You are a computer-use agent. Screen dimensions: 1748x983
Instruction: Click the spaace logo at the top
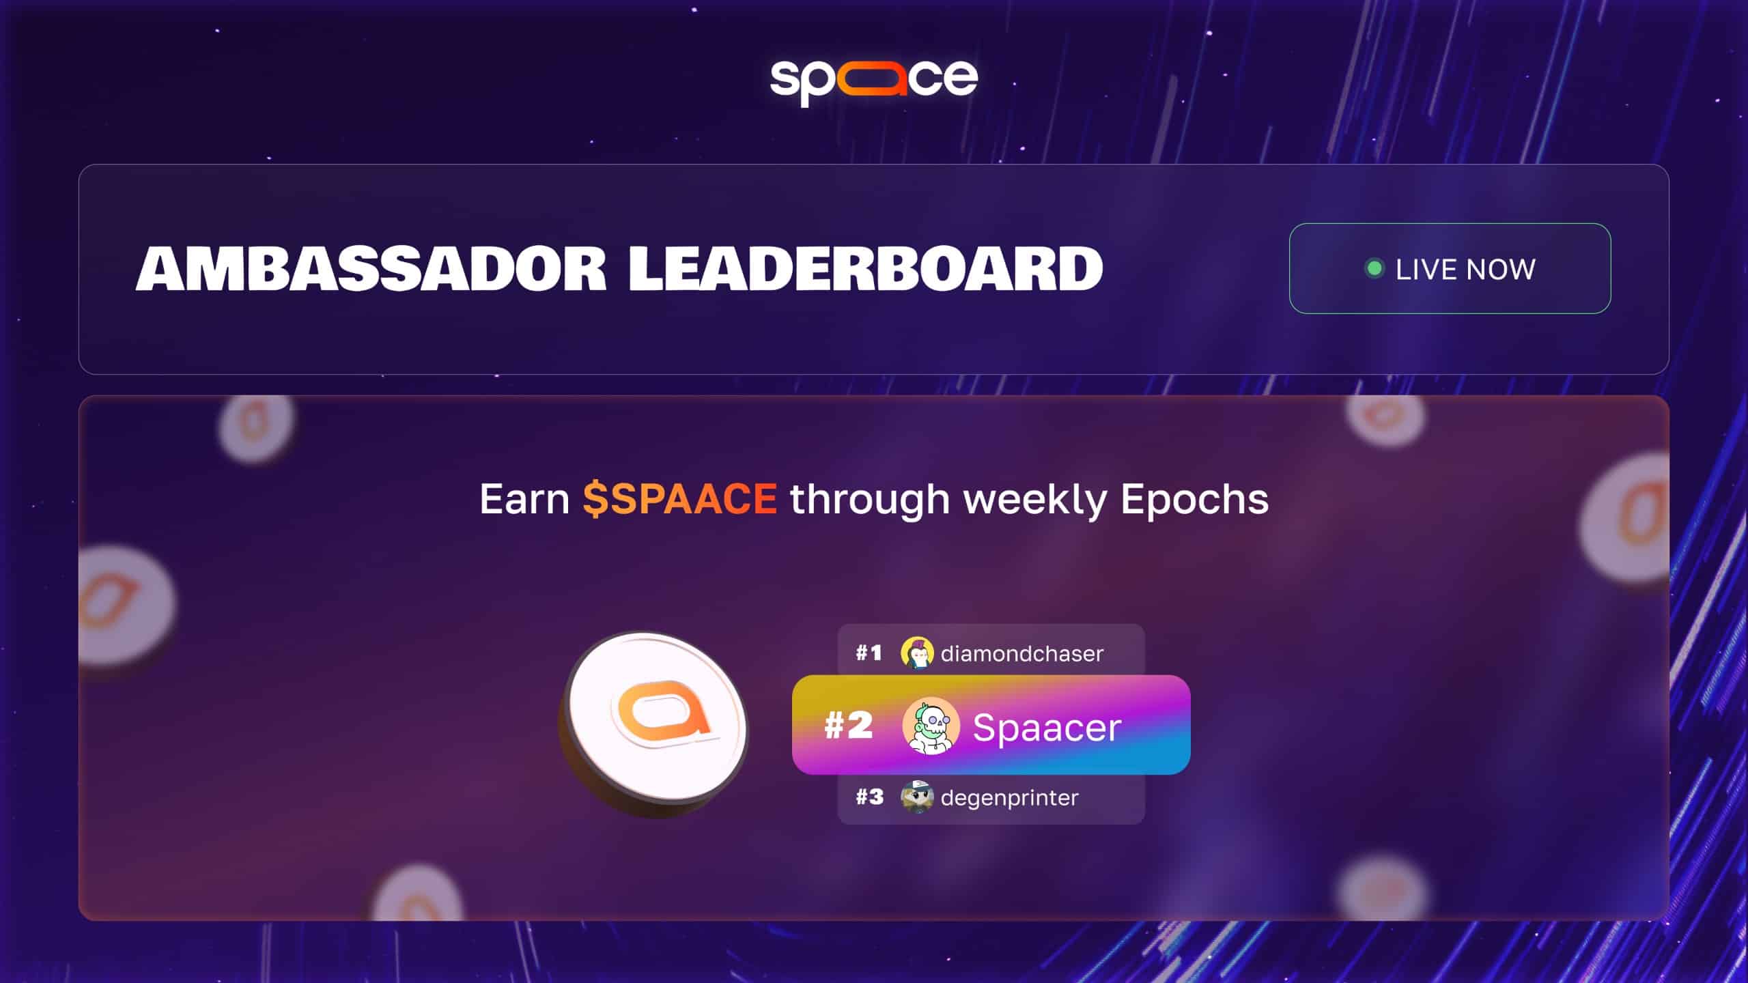[x=874, y=81]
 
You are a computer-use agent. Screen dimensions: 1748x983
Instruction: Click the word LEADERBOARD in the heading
[x=865, y=268]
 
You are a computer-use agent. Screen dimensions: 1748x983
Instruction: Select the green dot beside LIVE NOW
[x=1375, y=268]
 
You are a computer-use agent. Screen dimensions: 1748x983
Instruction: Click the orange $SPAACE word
[x=679, y=498]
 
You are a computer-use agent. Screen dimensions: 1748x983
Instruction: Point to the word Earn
[x=524, y=499]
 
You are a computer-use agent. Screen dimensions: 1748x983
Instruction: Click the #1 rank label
[x=869, y=653]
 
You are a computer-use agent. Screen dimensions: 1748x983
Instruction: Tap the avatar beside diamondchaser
[x=917, y=653]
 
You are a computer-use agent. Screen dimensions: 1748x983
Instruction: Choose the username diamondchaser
[x=1021, y=654]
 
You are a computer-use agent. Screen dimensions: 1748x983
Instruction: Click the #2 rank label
[x=848, y=725]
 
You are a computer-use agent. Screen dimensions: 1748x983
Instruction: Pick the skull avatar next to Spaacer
[x=931, y=726]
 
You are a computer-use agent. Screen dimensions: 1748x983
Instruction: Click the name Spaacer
[x=1047, y=728]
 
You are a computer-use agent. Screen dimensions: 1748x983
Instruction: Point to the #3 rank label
[x=869, y=797]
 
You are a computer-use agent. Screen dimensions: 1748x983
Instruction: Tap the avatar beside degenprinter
[x=917, y=797]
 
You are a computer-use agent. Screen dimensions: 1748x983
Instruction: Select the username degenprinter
[x=1009, y=798]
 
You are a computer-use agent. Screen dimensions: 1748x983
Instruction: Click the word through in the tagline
[x=870, y=500]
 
